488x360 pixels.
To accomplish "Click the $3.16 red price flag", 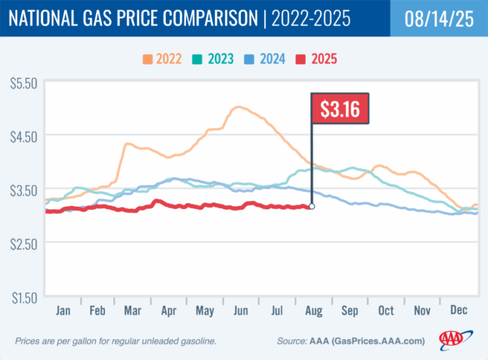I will [339, 109].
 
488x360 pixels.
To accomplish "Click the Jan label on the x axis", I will [62, 311].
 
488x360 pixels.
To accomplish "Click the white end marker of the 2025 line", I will [311, 206].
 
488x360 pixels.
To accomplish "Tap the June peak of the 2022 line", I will [238, 107].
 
